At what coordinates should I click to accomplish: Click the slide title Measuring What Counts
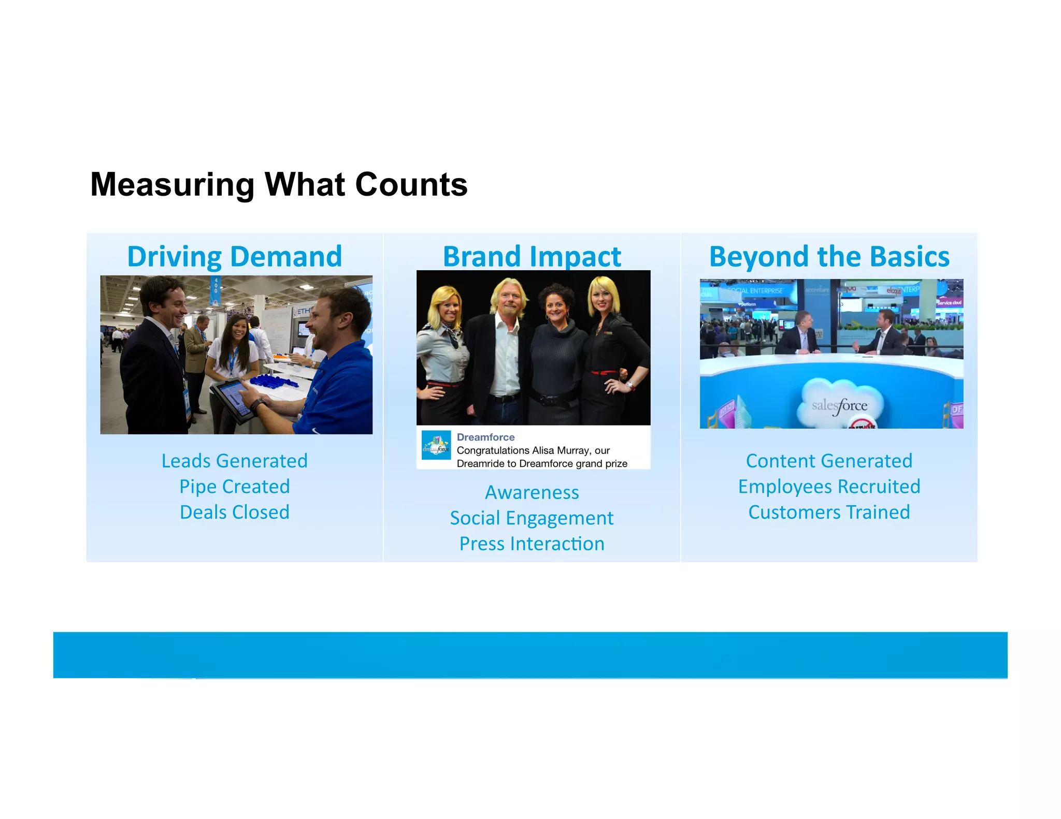[279, 185]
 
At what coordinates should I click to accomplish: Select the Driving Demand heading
[235, 257]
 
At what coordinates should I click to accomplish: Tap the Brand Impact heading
[532, 257]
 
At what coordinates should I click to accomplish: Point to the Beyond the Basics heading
[829, 257]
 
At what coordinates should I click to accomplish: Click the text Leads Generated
[235, 461]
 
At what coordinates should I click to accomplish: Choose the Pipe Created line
[235, 487]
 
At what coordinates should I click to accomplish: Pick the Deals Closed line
[235, 512]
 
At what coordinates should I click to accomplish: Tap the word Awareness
[532, 492]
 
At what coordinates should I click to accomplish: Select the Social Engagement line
[532, 518]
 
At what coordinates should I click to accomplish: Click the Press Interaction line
[532, 544]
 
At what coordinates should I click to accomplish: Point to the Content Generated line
[829, 461]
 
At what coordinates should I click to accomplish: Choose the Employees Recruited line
[829, 487]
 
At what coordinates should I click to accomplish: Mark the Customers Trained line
[829, 512]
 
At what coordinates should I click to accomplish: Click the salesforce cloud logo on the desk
[839, 404]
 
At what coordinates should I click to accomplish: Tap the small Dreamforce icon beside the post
[436, 445]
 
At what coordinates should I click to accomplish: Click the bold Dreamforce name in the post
[485, 437]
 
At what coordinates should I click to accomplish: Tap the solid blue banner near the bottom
[530, 655]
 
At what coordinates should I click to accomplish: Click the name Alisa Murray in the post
[561, 450]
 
